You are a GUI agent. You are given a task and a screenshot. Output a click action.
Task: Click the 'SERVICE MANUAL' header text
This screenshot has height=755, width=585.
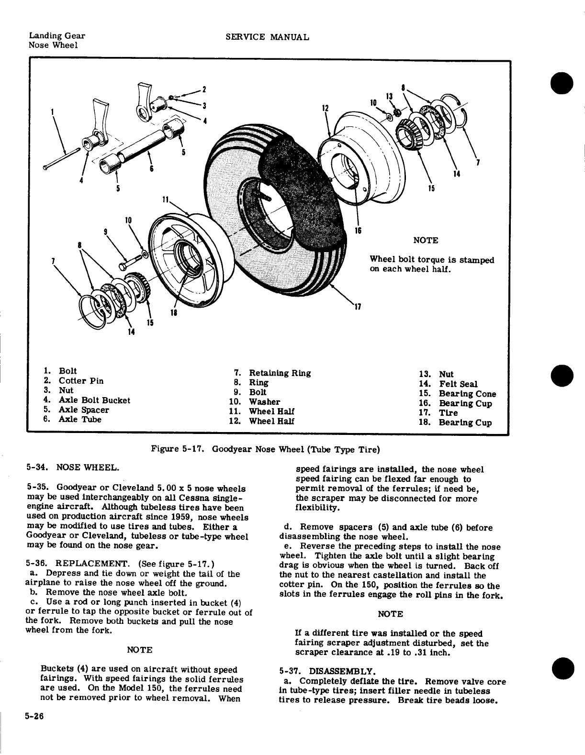tap(267, 37)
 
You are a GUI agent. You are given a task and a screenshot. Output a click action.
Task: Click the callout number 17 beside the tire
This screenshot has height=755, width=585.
tap(357, 307)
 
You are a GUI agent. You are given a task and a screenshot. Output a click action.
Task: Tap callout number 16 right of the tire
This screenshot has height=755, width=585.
tap(357, 230)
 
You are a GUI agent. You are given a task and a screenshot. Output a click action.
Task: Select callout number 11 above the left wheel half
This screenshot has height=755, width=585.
tap(166, 199)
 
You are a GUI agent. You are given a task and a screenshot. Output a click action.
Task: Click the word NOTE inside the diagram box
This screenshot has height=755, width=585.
tap(425, 240)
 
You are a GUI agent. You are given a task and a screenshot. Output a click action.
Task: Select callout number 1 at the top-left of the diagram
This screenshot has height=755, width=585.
tap(52, 113)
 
